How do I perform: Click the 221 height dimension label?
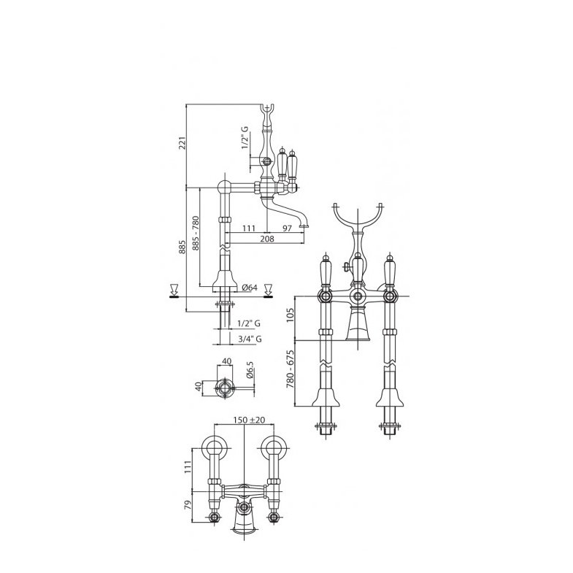pyautogui.click(x=183, y=142)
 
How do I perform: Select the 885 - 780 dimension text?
pyautogui.click(x=195, y=234)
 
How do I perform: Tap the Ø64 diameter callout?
pyautogui.click(x=250, y=288)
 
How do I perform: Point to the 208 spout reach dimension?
pyautogui.click(x=267, y=239)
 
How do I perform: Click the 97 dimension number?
pyautogui.click(x=288, y=228)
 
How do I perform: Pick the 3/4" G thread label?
pyautogui.click(x=250, y=339)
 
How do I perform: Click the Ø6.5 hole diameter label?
pyautogui.click(x=250, y=369)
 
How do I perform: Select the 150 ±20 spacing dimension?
pyautogui.click(x=249, y=420)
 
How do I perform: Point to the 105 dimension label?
pyautogui.click(x=290, y=315)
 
